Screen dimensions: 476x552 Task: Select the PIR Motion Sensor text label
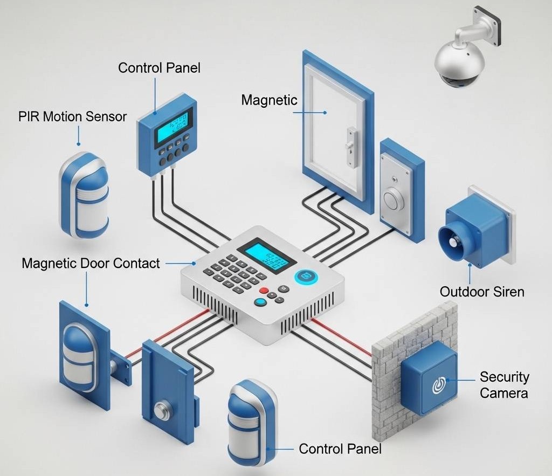[72, 116]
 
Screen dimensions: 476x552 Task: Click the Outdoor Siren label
[482, 292]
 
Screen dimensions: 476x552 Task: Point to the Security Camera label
[504, 385]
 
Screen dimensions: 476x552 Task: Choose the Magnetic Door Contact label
[91, 264]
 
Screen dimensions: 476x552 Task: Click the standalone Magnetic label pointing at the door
[269, 100]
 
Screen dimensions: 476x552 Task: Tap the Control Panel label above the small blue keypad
[159, 68]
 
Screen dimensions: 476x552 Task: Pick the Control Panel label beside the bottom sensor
[340, 449]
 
